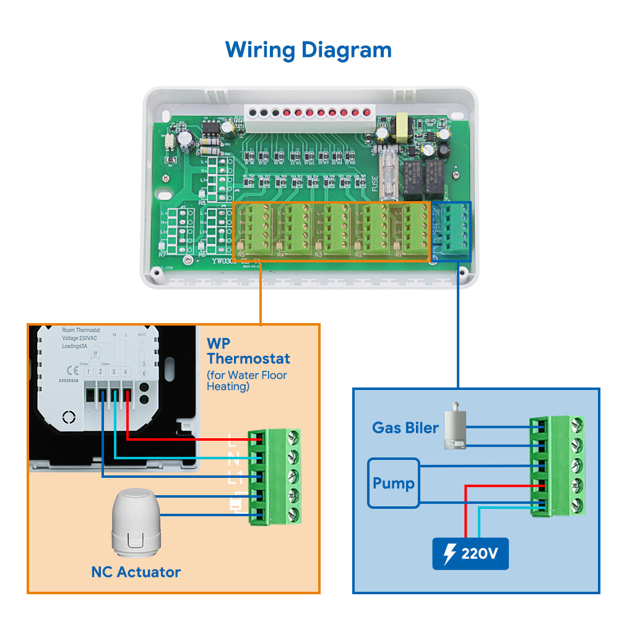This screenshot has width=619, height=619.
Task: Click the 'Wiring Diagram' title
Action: click(x=308, y=49)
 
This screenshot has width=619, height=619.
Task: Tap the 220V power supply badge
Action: click(x=470, y=553)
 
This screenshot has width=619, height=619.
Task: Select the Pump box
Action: click(x=394, y=483)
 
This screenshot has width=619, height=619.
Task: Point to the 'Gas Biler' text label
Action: click(x=405, y=427)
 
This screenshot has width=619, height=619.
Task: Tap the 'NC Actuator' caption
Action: click(x=136, y=571)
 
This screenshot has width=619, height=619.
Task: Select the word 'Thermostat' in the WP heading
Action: click(x=248, y=358)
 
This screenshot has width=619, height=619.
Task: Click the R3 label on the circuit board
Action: click(x=318, y=254)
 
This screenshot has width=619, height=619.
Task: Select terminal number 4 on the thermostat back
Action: click(x=126, y=371)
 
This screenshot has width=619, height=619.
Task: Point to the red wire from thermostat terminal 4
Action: click(x=186, y=439)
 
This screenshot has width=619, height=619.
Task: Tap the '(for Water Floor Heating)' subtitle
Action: click(x=246, y=381)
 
